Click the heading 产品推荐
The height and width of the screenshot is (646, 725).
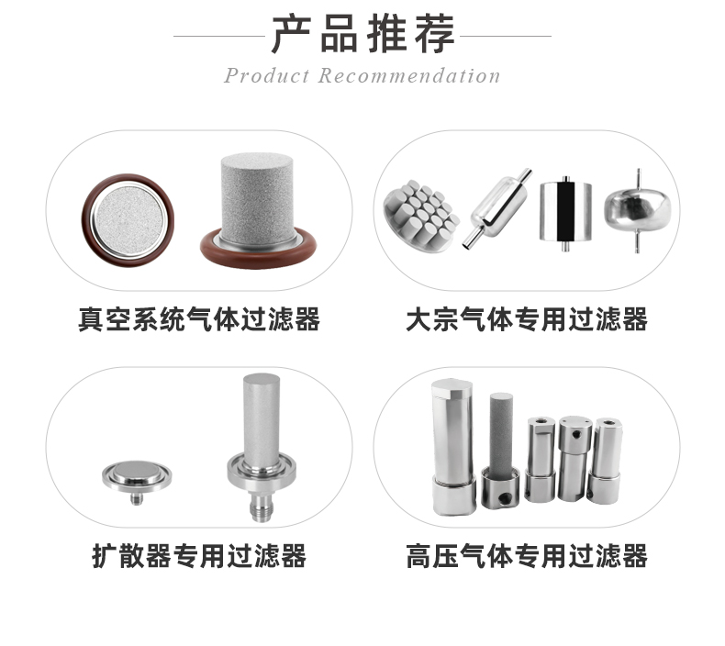click(362, 35)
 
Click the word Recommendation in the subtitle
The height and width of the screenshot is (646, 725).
click(409, 76)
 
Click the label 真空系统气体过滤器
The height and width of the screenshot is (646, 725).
click(198, 320)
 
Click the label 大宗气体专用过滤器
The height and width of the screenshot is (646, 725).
click(526, 320)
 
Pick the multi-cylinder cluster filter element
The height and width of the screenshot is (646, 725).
click(420, 213)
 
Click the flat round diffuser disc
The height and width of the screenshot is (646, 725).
click(135, 477)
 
